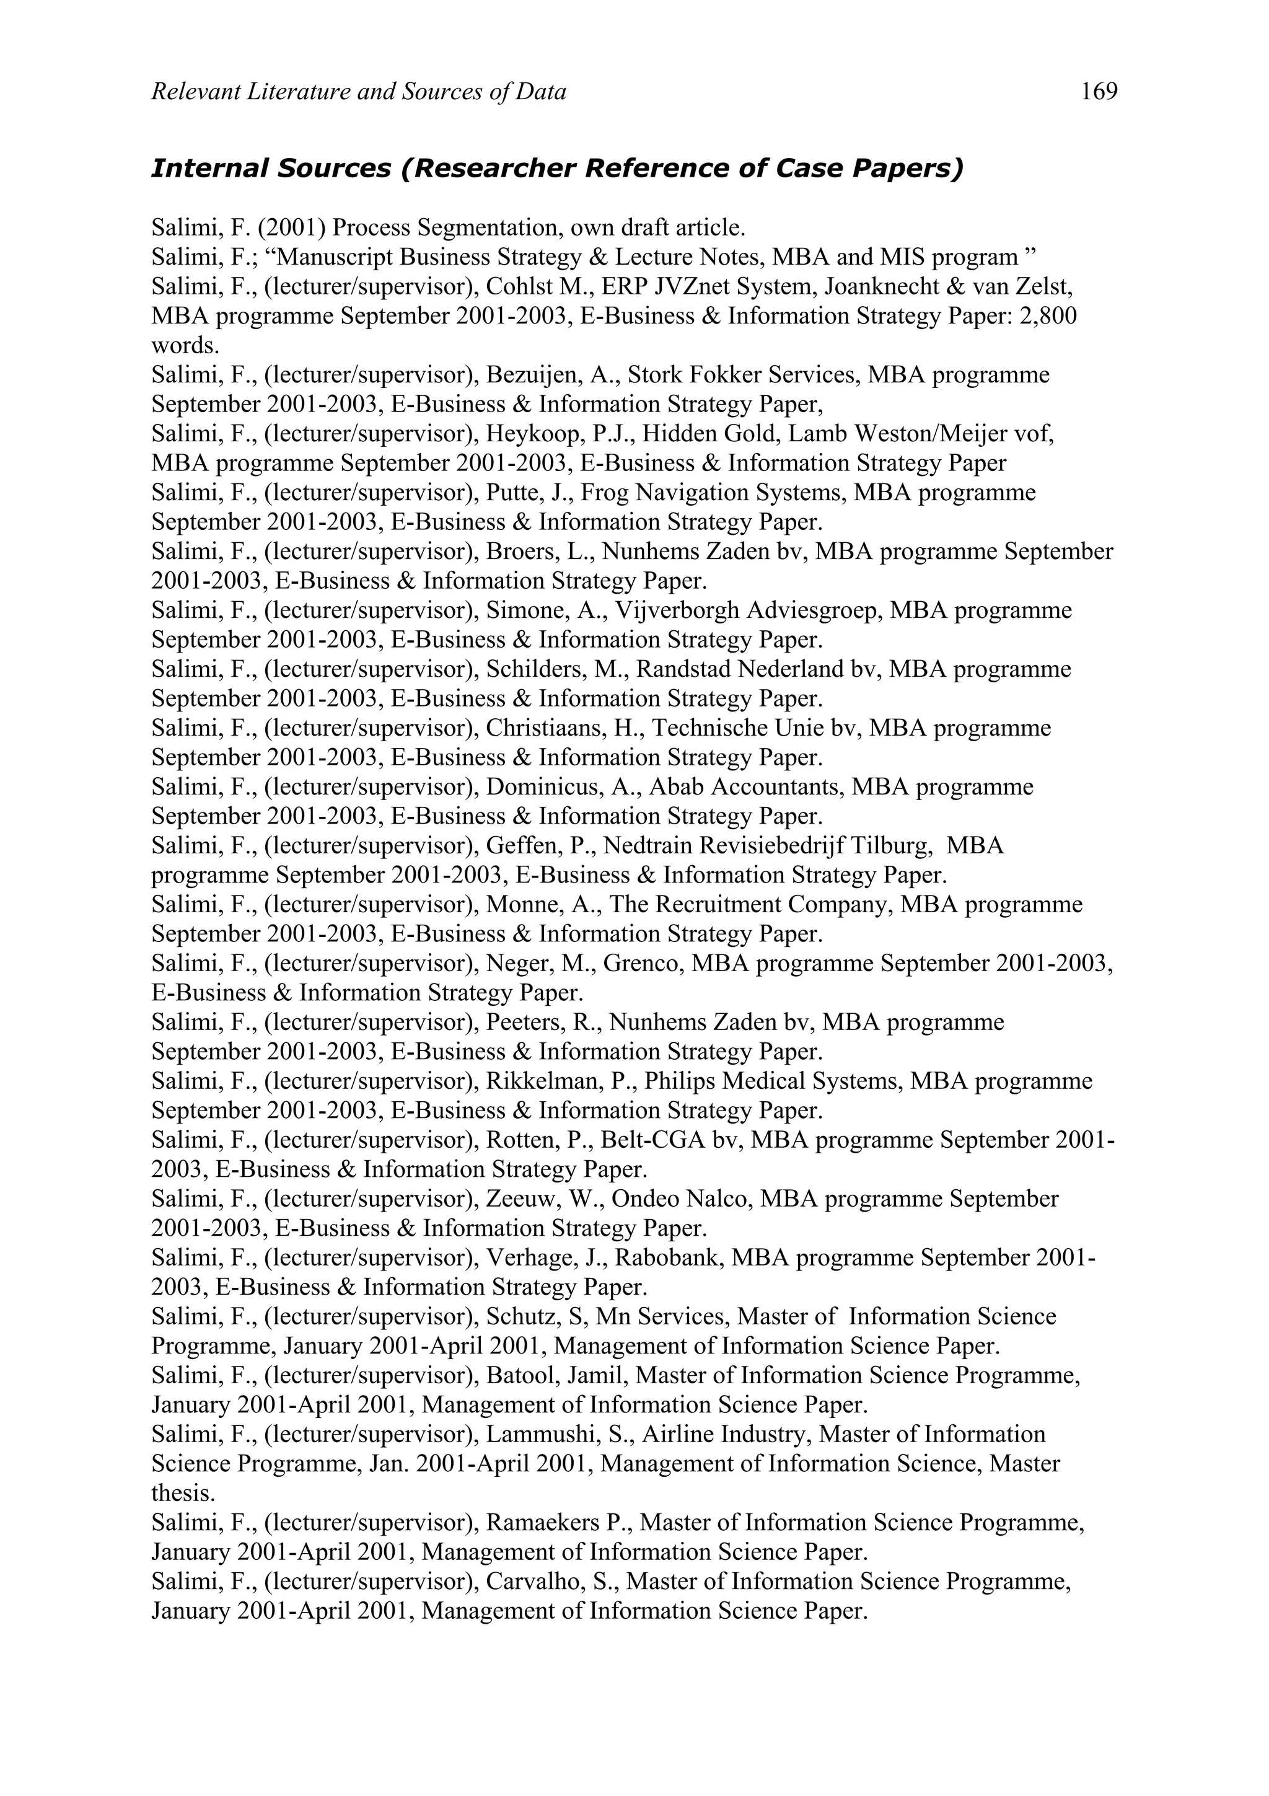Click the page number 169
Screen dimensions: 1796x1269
[1099, 92]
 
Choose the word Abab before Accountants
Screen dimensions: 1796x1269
[678, 787]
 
